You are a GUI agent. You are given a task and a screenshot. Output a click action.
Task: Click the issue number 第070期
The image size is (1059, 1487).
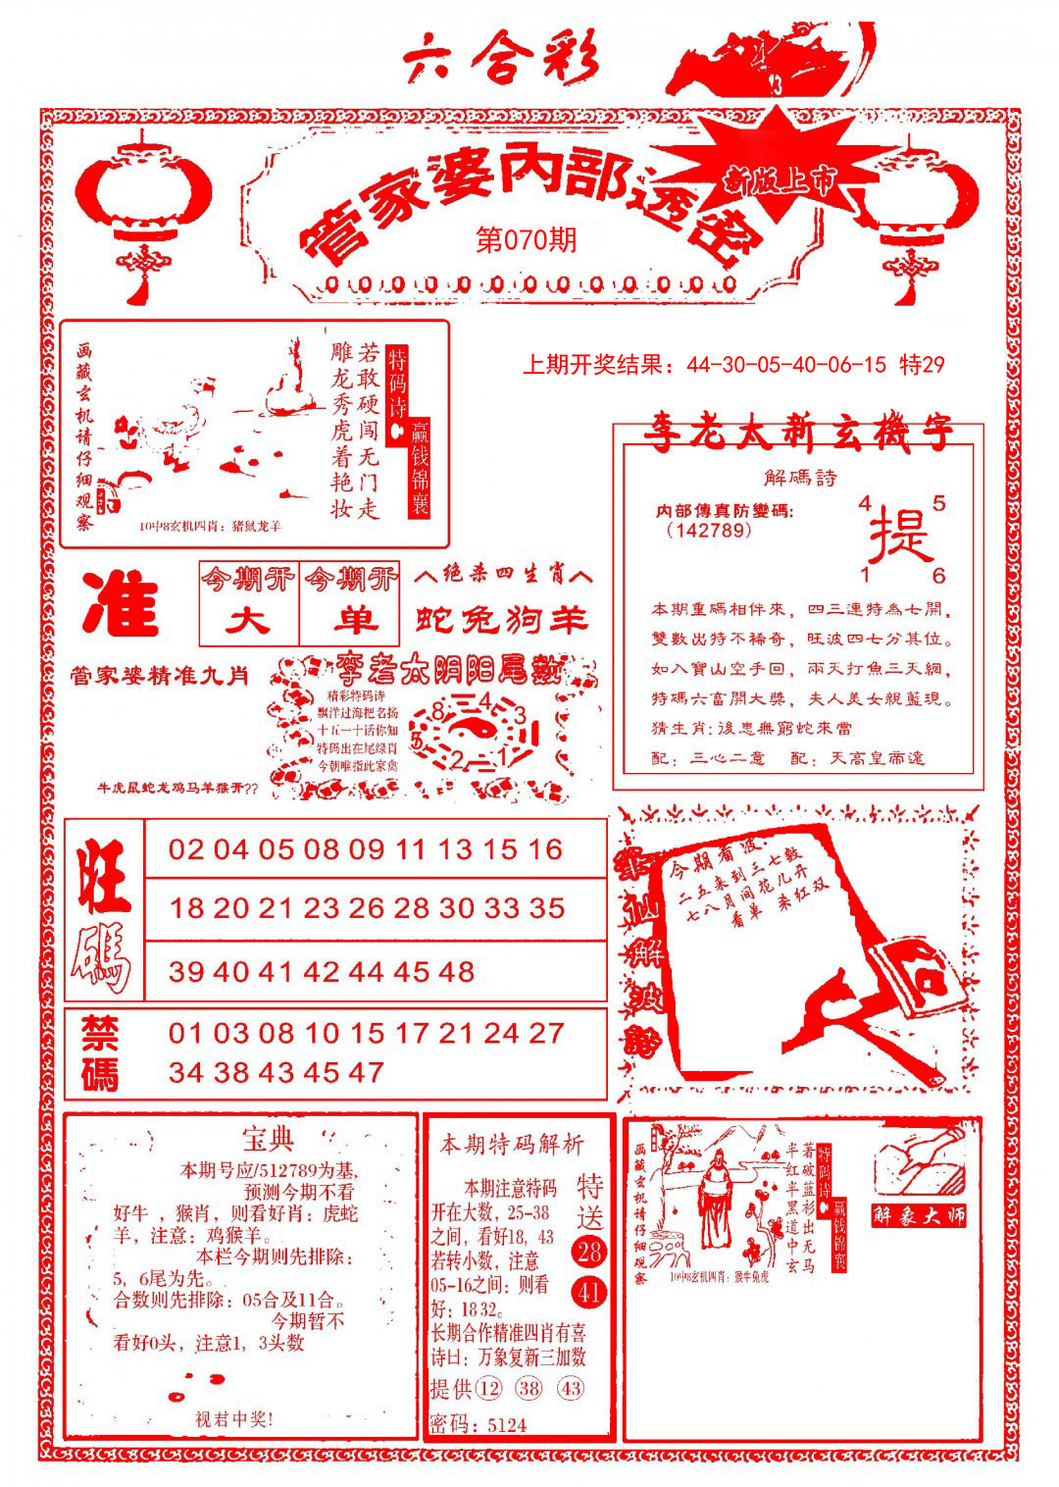click(x=526, y=240)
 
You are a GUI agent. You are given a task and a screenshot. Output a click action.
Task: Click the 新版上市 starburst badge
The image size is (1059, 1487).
click(x=780, y=179)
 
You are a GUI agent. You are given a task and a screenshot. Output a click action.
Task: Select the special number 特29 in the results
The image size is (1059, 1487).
click(x=921, y=365)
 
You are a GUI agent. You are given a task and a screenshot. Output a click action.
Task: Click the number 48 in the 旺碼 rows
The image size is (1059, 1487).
click(x=456, y=972)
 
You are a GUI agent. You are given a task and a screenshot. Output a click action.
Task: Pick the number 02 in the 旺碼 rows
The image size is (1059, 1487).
click(x=186, y=849)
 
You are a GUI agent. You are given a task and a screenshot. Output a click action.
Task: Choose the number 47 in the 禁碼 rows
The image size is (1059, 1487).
click(x=365, y=1072)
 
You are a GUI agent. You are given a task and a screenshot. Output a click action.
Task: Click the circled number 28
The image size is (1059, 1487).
click(x=589, y=1252)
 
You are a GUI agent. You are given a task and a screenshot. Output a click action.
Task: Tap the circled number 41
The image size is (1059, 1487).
click(x=589, y=1292)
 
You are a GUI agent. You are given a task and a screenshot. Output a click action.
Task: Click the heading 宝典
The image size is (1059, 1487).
click(x=268, y=1140)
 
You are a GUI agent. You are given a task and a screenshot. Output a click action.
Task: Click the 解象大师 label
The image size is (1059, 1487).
click(x=920, y=1216)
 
